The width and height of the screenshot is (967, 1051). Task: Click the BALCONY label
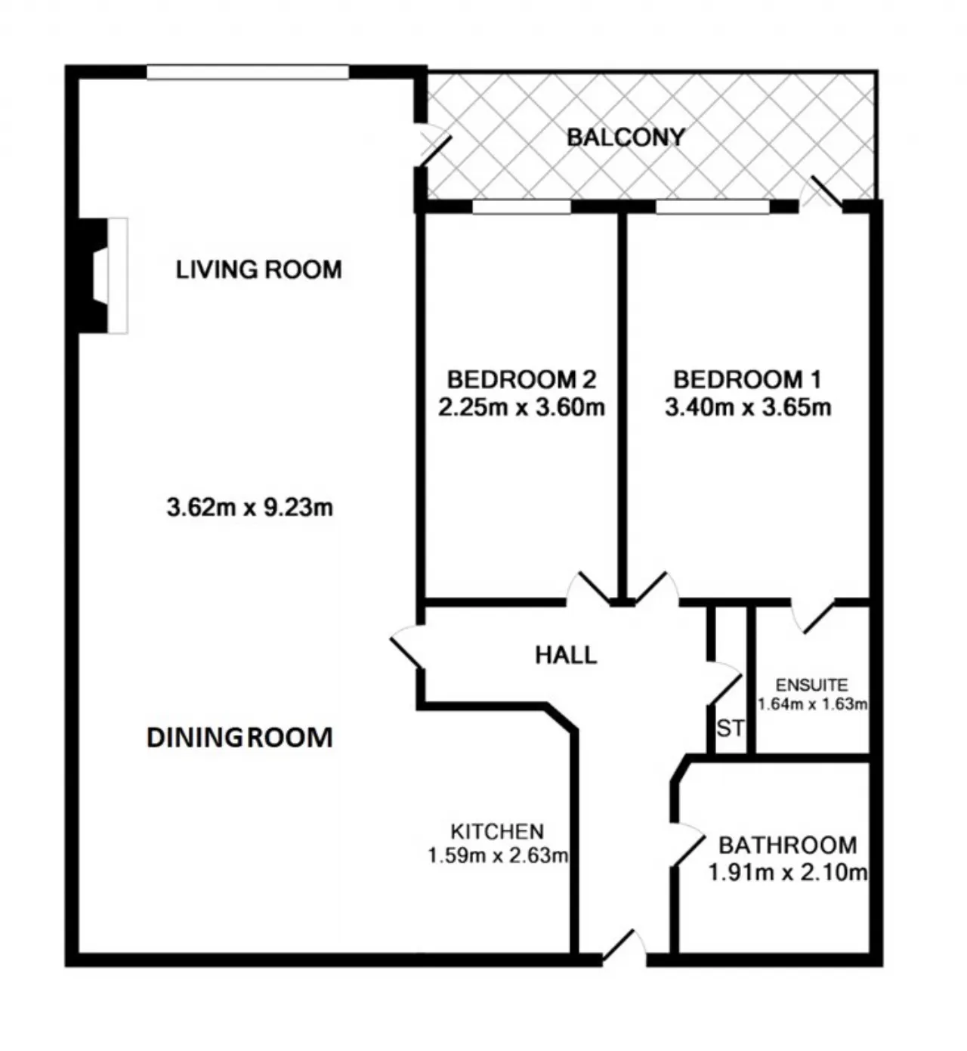point(626,138)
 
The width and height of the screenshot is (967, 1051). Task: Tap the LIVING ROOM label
point(259,270)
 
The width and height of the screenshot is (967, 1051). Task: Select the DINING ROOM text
point(240,737)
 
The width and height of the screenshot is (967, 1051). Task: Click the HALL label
point(566,655)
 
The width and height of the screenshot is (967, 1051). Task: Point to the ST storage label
point(731,728)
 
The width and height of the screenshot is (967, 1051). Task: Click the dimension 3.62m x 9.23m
point(250,507)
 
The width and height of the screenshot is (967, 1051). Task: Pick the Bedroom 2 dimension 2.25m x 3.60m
point(522,407)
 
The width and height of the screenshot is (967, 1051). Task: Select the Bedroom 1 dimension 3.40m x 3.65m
point(748,407)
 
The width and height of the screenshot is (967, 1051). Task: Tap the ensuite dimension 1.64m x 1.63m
point(812,704)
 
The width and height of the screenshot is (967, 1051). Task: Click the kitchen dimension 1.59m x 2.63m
point(498,855)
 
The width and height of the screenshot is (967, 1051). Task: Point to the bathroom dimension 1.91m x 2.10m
point(788,873)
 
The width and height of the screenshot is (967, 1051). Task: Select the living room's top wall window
point(248,72)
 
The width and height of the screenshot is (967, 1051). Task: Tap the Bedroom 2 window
point(522,206)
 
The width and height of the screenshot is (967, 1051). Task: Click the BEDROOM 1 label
point(747,380)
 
